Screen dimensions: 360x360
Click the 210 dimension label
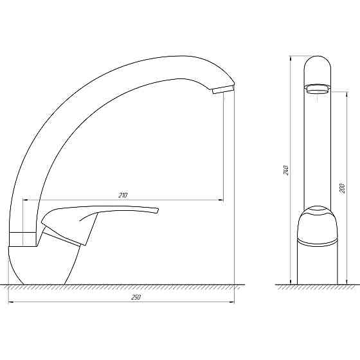tap(123, 195)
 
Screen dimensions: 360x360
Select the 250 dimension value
tap(136, 297)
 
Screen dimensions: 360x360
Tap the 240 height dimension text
tap(285, 170)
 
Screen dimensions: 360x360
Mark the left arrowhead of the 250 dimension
tap(11, 302)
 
